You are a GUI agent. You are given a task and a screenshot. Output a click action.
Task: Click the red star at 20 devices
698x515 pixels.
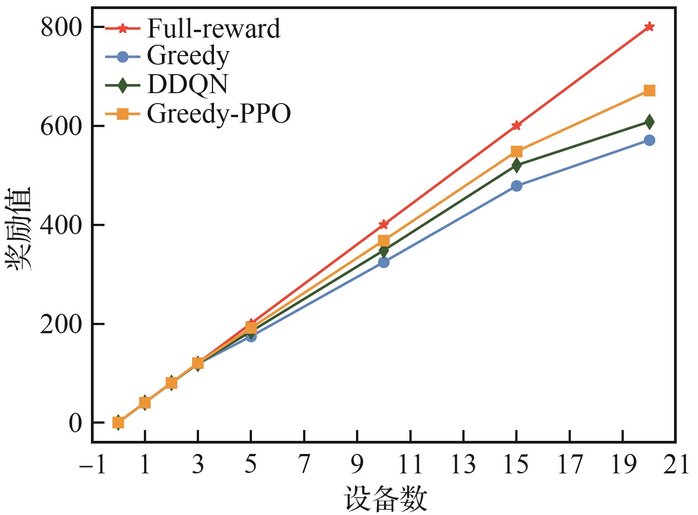(649, 27)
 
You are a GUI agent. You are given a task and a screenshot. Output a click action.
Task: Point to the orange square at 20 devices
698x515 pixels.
(649, 91)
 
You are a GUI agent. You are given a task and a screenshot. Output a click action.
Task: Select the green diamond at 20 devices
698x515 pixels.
(649, 122)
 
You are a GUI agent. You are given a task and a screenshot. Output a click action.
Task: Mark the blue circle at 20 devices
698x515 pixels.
(649, 140)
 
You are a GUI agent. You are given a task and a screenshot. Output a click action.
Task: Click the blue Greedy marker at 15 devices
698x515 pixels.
(517, 186)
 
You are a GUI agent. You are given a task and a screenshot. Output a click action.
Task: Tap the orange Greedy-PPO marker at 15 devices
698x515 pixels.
(517, 151)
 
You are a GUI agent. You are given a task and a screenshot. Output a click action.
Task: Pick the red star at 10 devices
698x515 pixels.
(384, 224)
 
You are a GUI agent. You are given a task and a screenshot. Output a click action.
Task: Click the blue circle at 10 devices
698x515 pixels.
(384, 262)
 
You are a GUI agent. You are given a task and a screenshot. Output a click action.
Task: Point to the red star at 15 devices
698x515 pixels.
(517, 126)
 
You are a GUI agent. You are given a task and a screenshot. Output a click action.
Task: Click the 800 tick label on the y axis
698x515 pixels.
(62, 28)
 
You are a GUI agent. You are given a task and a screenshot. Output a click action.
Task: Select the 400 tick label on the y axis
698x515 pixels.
(62, 225)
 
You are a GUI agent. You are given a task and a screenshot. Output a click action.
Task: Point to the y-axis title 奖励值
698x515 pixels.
(19, 228)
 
